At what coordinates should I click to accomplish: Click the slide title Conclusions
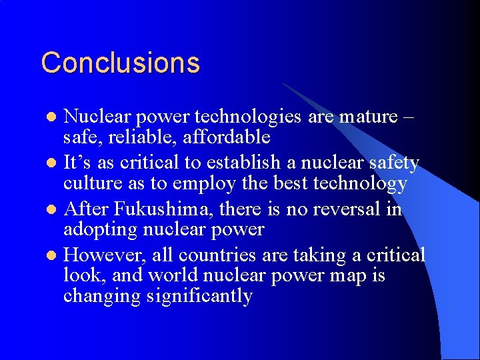tap(120, 63)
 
